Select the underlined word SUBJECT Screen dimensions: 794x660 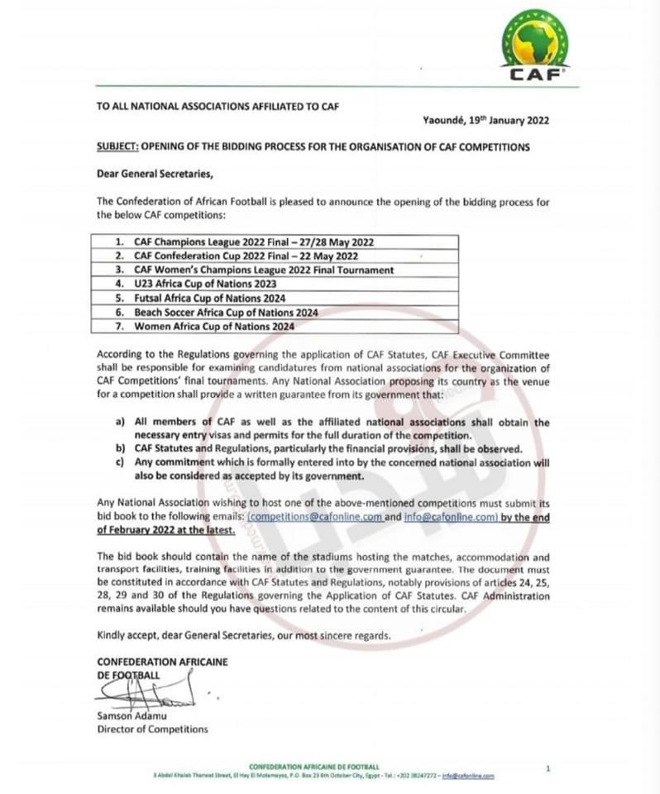click(117, 147)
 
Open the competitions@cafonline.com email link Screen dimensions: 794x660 click(315, 517)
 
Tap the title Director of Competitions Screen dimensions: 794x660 click(152, 729)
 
